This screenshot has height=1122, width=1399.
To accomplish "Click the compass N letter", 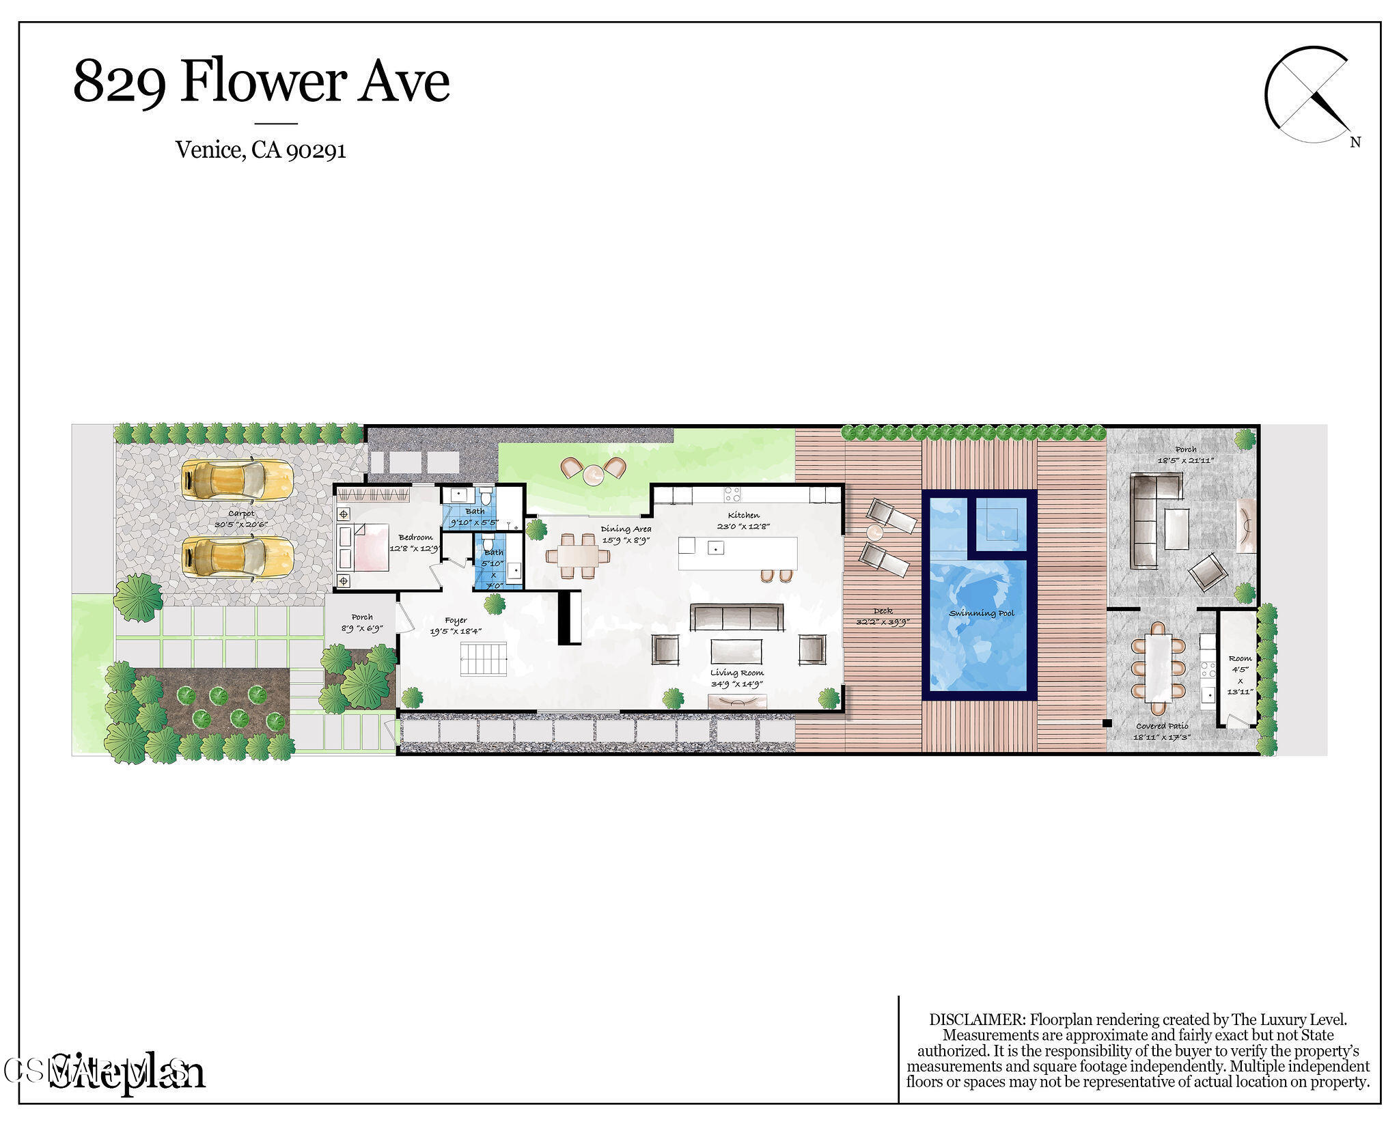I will click(x=1355, y=142).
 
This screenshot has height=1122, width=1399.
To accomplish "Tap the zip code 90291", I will click(x=316, y=150).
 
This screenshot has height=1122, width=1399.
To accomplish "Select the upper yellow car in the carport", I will click(x=237, y=480).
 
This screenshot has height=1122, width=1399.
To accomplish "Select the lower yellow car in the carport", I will click(x=237, y=557).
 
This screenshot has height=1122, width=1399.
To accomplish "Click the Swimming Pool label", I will click(x=982, y=613).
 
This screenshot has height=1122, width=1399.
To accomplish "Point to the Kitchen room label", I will click(x=743, y=515).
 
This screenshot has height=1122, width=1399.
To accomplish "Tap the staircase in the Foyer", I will click(x=483, y=659).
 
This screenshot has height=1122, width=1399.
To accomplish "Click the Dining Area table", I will click(x=578, y=557).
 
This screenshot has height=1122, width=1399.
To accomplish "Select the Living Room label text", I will click(x=736, y=673).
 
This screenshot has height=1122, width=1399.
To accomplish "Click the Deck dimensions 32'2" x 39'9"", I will click(x=883, y=622).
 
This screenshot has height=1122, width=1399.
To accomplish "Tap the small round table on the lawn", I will click(x=593, y=473).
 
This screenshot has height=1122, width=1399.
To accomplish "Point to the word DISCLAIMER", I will click(x=977, y=1020).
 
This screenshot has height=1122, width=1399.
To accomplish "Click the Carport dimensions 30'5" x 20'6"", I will click(x=241, y=524).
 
